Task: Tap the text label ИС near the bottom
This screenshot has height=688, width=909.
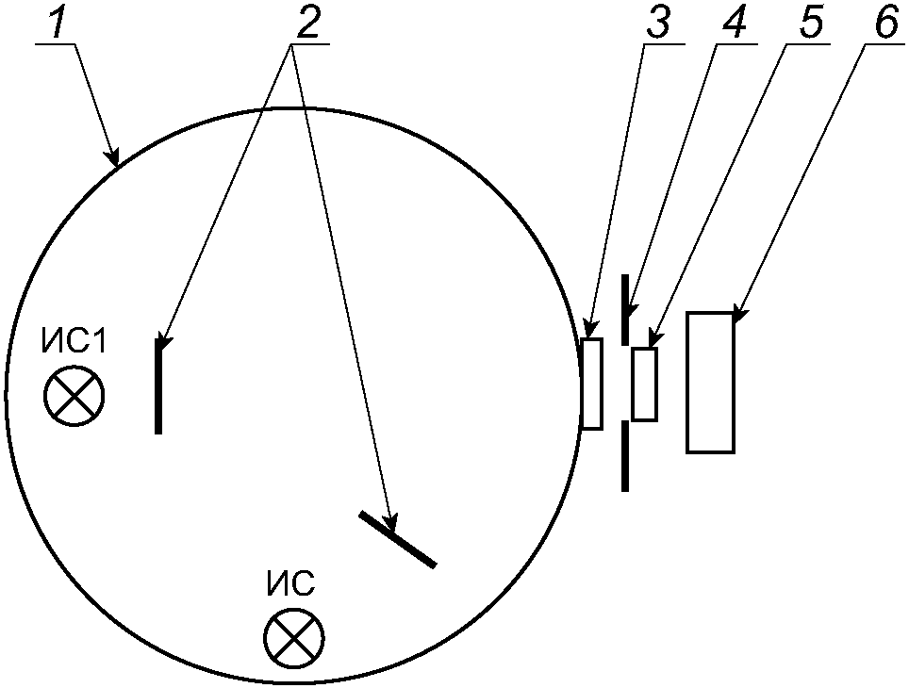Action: pos(289,584)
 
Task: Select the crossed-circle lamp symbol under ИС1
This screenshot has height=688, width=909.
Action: pos(74,395)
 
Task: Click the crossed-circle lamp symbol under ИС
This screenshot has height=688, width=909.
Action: pos(294,640)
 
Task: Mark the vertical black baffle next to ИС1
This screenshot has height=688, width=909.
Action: pos(158,386)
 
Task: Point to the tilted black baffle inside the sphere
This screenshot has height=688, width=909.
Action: pos(398,539)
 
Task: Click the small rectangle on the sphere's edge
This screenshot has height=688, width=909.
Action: pos(592,384)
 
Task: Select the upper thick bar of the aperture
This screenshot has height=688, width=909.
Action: pos(624,309)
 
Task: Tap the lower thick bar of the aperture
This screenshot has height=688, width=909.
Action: pos(624,456)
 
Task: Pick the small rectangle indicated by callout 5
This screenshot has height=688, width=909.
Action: pos(645,384)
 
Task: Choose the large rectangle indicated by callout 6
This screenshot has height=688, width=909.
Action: pos(710,382)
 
